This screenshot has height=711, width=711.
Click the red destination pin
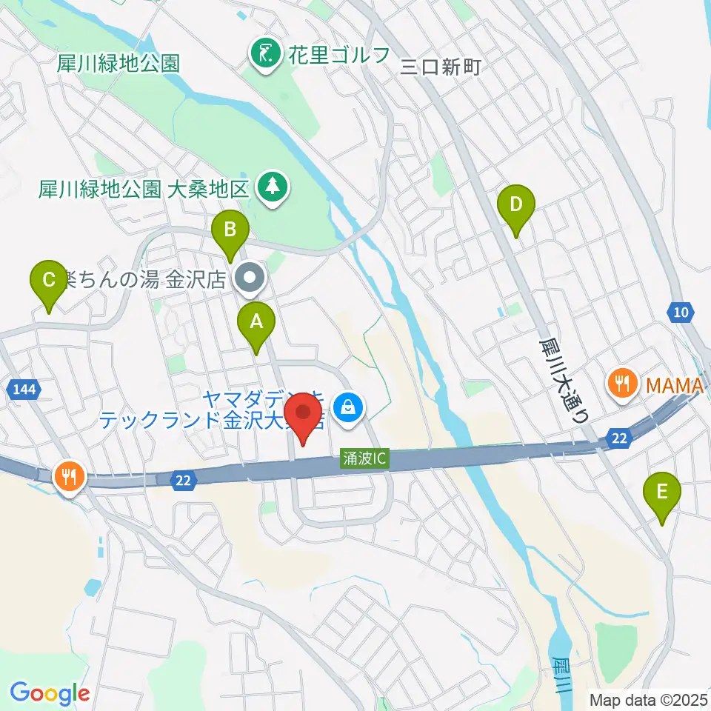[303, 416]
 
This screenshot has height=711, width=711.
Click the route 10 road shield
[681, 313]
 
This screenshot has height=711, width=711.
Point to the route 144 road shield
[23, 387]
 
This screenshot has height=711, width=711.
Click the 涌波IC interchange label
[364, 459]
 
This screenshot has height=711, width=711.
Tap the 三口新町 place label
[441, 67]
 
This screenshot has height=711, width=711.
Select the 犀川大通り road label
[563, 380]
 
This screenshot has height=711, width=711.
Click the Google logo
[50, 693]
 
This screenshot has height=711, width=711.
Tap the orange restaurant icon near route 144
[70, 475]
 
